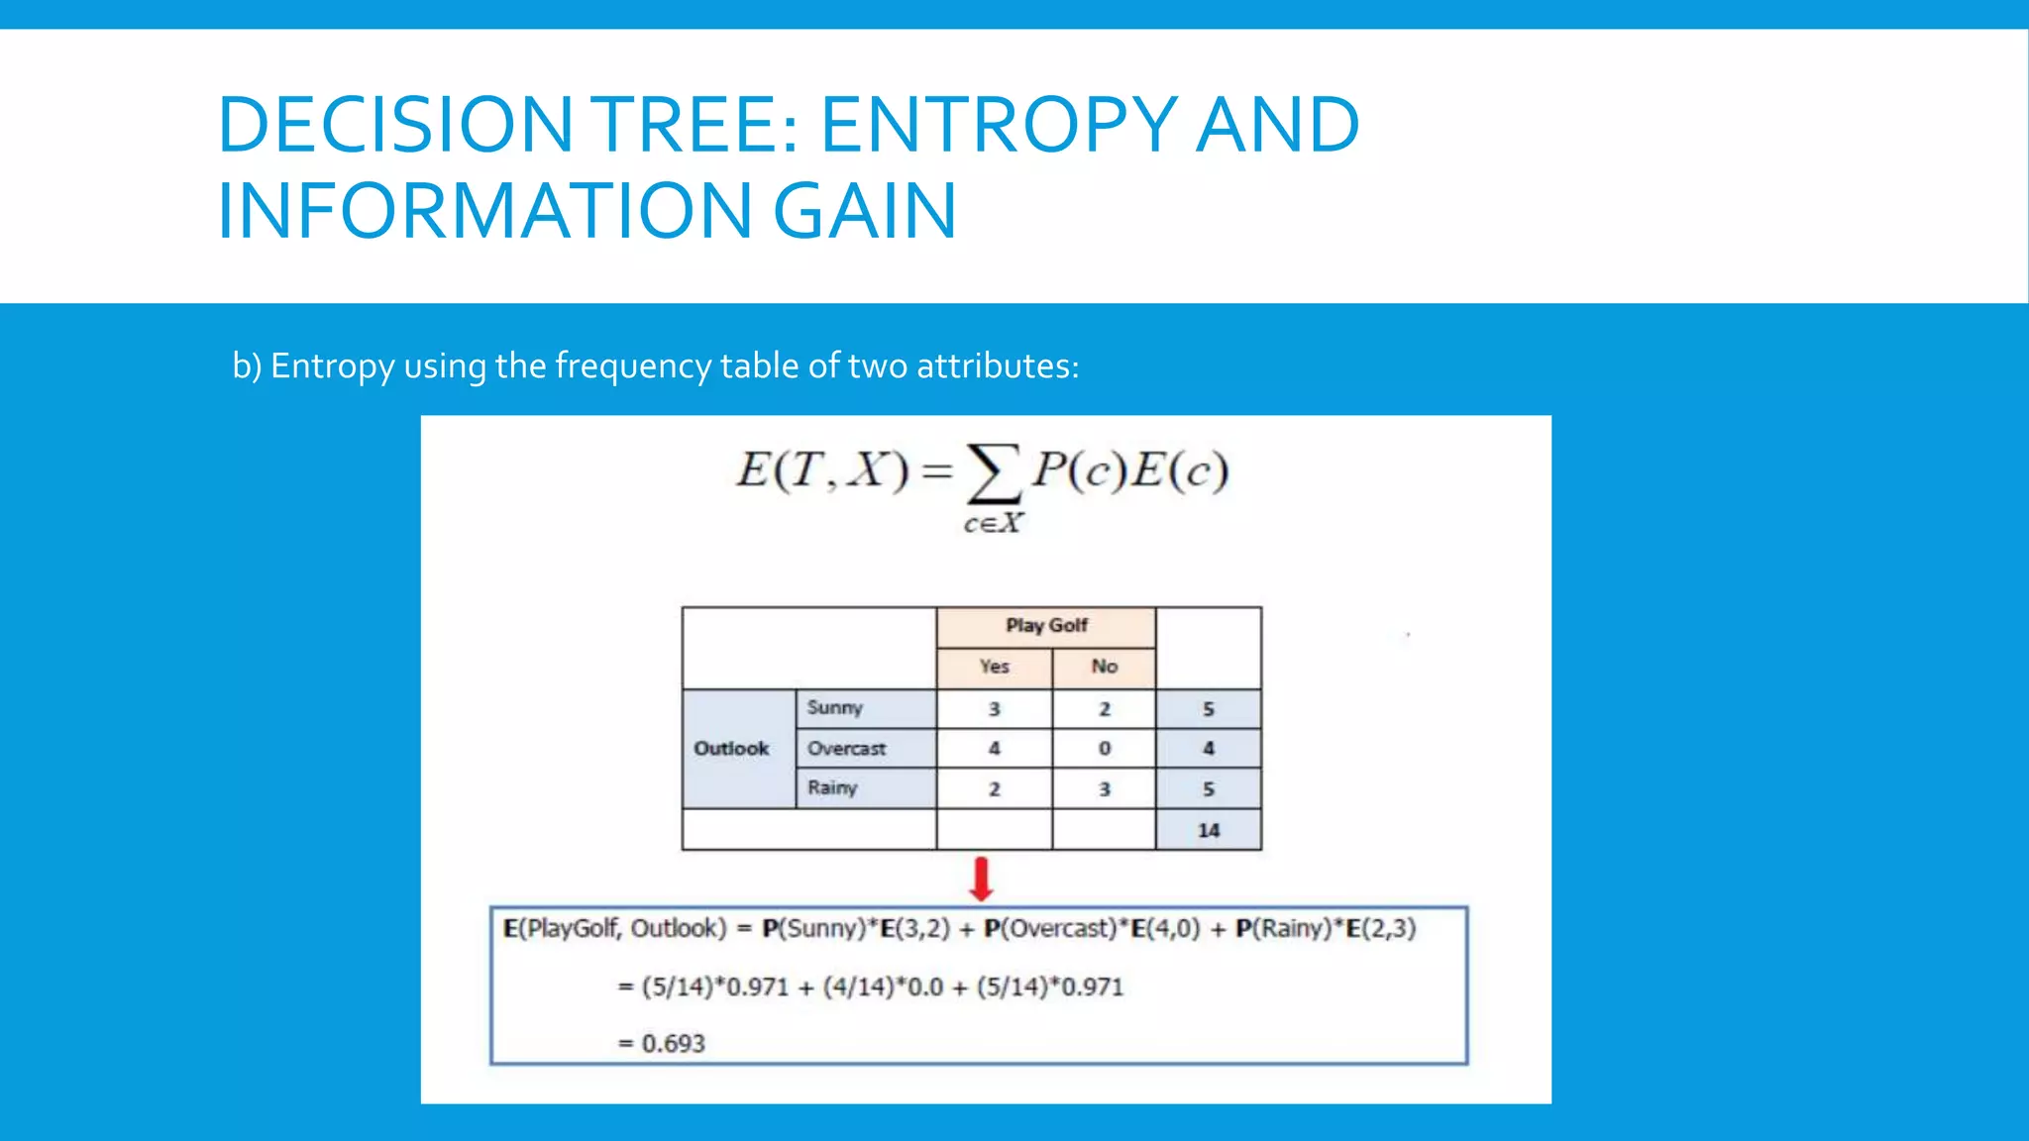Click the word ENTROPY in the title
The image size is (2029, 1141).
(999, 125)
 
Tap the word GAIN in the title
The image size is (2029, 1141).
(864, 211)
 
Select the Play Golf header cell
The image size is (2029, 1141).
(1046, 626)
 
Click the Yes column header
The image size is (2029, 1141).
(994, 667)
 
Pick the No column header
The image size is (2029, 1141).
(1104, 667)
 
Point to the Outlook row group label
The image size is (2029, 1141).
(731, 749)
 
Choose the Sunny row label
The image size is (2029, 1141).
(834, 708)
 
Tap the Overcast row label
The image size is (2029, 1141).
(846, 749)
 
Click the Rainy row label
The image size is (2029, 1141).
(831, 788)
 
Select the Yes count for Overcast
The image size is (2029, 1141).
(994, 749)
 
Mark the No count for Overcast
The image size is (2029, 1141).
(1104, 749)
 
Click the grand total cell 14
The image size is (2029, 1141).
(1208, 830)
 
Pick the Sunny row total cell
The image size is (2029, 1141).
(1208, 709)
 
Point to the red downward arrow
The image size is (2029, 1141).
(981, 879)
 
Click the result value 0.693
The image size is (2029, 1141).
(673, 1044)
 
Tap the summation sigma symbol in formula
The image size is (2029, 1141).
(994, 473)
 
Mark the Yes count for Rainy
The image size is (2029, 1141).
(994, 789)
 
